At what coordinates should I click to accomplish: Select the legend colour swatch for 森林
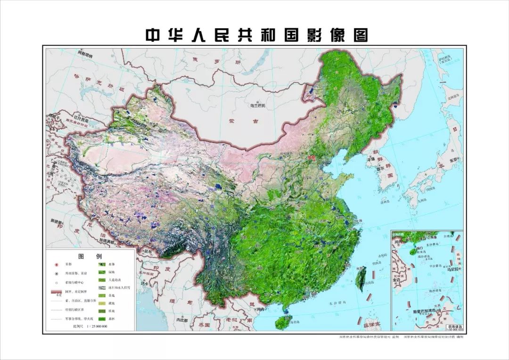coord(101,319)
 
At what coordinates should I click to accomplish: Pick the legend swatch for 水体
coord(101,265)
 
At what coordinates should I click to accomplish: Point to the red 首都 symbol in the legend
coord(56,265)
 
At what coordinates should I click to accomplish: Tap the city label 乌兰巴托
coord(258,106)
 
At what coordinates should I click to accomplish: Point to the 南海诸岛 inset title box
coord(452,326)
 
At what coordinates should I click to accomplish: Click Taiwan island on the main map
coord(361,278)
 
